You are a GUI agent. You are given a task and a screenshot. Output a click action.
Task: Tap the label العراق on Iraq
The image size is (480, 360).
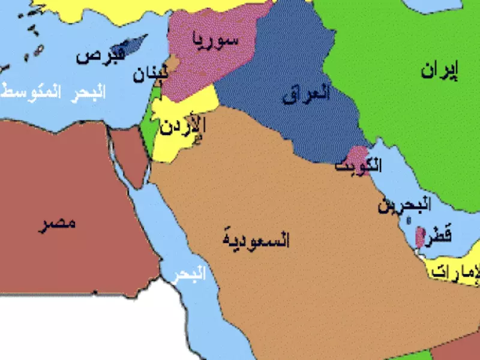[x=306, y=95]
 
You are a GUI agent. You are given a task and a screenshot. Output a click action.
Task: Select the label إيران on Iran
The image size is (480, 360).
[x=439, y=71]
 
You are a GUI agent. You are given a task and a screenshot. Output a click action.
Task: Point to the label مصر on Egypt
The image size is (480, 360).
[x=58, y=225]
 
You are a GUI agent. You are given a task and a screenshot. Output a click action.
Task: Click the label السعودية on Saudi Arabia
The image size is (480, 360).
[x=256, y=241]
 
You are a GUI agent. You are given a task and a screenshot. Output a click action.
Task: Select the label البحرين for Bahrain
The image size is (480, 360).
[x=404, y=206]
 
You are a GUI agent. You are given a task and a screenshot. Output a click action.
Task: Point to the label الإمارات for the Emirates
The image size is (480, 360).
[x=456, y=271]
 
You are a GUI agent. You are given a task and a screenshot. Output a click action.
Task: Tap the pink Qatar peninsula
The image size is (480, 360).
[x=419, y=236]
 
